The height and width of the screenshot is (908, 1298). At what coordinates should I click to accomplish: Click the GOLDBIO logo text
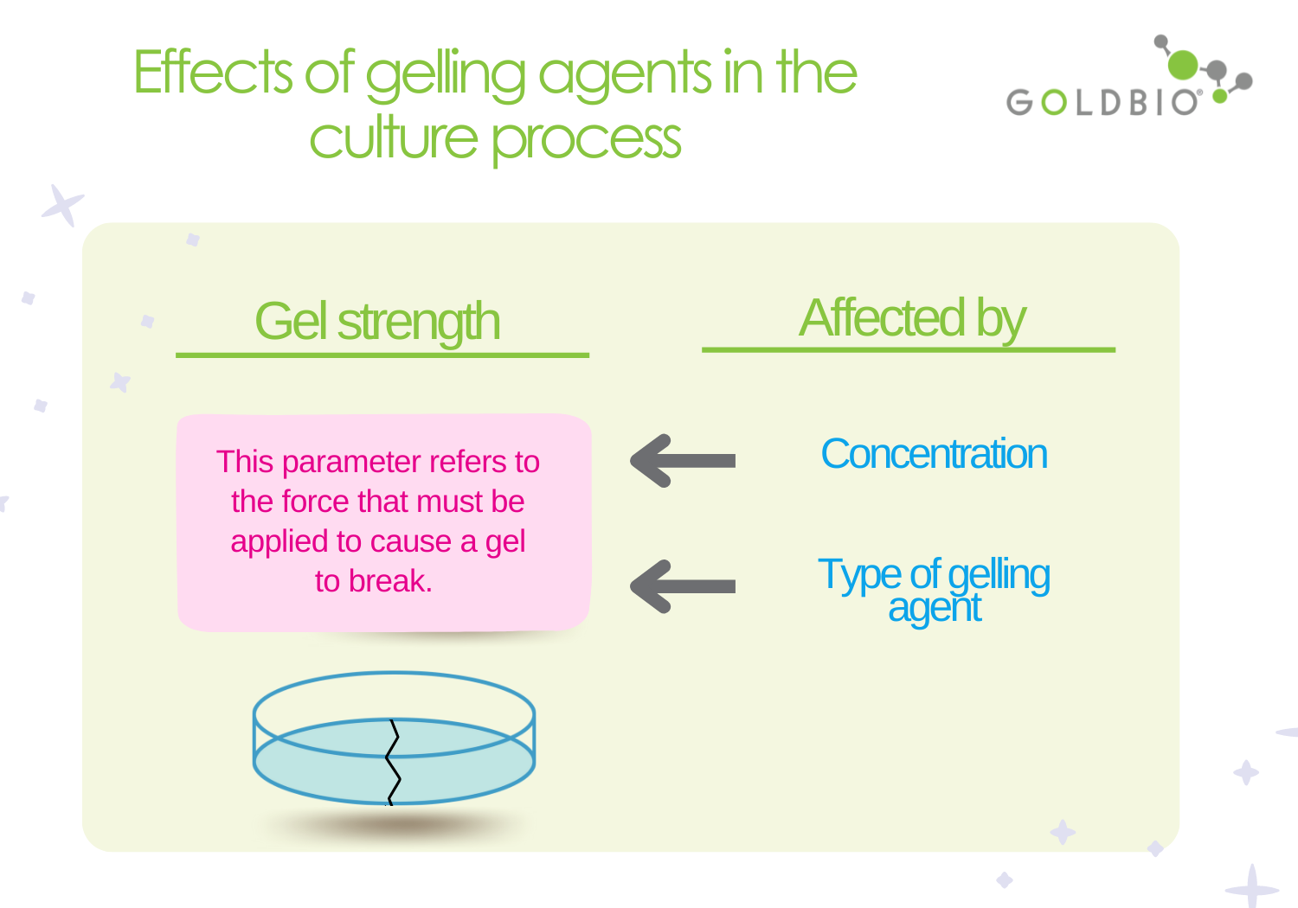tap(1103, 102)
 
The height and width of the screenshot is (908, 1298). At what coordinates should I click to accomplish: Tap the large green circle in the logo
tap(1182, 65)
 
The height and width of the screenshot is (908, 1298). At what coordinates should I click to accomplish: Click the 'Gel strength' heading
tap(377, 322)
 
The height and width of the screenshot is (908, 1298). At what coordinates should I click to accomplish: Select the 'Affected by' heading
tap(912, 318)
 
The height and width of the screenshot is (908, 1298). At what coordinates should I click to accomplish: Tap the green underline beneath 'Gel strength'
tap(382, 355)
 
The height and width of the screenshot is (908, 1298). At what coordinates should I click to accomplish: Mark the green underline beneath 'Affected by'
tap(909, 349)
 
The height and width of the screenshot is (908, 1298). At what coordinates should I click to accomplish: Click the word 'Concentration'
tap(934, 454)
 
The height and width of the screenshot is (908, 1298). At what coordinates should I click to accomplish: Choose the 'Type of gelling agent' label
tap(934, 589)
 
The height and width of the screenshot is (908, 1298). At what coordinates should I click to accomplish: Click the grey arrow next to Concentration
tap(683, 461)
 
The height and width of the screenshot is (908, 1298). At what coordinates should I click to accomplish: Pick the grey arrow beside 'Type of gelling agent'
tap(683, 586)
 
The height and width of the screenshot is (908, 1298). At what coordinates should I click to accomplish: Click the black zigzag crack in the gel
tap(393, 761)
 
